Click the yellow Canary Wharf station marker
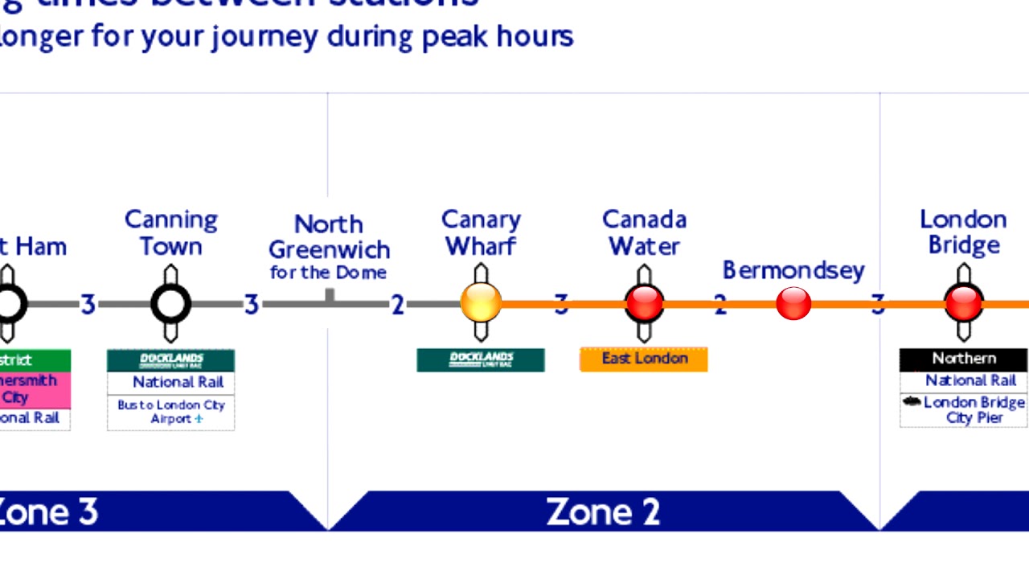click(481, 304)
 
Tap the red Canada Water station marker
click(645, 304)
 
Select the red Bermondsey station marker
click(793, 304)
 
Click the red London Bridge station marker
click(963, 304)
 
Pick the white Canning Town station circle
click(170, 304)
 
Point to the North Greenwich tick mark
click(330, 296)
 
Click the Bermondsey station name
click(793, 270)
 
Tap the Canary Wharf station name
click(481, 232)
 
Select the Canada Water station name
click(645, 232)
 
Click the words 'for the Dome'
click(328, 273)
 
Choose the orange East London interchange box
click(644, 359)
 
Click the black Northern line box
click(963, 359)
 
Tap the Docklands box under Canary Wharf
click(481, 359)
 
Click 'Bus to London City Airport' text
click(171, 412)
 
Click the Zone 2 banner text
click(603, 511)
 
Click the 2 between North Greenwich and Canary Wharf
click(397, 305)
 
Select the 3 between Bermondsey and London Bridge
click(878, 305)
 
